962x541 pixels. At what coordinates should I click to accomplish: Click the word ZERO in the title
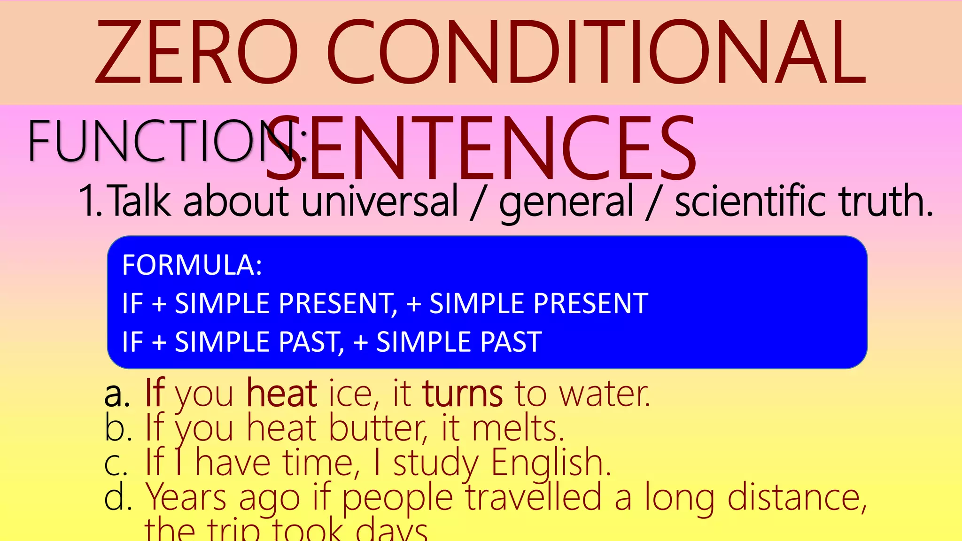[197, 53]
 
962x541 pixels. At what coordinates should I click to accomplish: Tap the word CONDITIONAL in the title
[597, 53]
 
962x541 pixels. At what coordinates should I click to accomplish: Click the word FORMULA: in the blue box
[192, 265]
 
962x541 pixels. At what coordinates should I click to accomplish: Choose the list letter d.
[117, 498]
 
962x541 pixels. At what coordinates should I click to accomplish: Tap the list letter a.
[117, 394]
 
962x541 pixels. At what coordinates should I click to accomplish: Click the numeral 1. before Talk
[91, 201]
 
